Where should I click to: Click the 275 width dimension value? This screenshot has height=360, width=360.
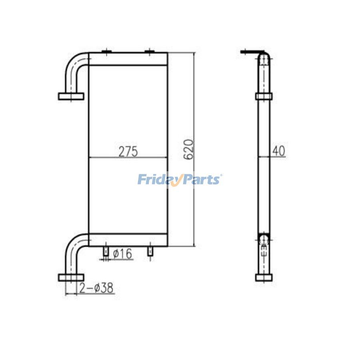pos(128,152)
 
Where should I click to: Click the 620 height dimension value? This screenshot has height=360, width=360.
pos(189,150)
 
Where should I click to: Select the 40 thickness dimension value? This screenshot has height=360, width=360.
pos(278,151)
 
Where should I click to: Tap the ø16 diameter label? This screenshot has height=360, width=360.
pos(123,254)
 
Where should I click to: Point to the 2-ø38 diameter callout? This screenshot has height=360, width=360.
pos(96,288)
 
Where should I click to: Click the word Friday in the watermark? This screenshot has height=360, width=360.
pos(156,179)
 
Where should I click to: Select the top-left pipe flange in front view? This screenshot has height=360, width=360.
pos(71,96)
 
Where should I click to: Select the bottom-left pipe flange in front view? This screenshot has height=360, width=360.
pos(71,277)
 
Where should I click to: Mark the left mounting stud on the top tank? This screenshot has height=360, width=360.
pos(106,51)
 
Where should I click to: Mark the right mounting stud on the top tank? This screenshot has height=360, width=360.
pos(149,51)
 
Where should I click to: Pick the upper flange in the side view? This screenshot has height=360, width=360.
pos(264,96)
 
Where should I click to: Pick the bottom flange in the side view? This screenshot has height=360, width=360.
pos(264,277)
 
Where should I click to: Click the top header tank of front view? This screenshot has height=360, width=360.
pos(128,59)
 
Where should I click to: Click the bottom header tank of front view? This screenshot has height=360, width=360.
pos(128,240)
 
